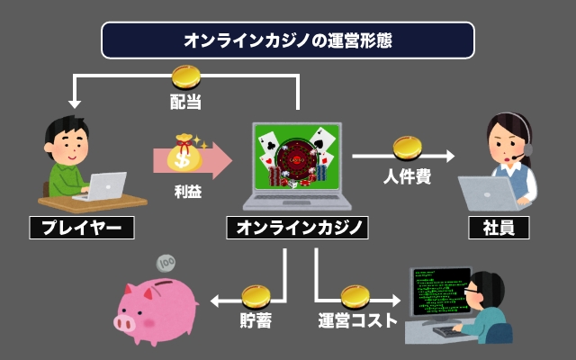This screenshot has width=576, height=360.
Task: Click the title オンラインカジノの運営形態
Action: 288,40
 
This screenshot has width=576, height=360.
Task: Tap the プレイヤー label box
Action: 81,228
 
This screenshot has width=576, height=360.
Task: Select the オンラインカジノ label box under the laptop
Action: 296,228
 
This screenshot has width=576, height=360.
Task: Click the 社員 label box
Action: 499,228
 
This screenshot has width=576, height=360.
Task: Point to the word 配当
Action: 185,101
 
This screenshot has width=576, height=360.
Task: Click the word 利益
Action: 186,191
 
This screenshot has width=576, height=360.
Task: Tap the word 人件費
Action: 407,176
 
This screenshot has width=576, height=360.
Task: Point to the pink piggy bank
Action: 158,306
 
